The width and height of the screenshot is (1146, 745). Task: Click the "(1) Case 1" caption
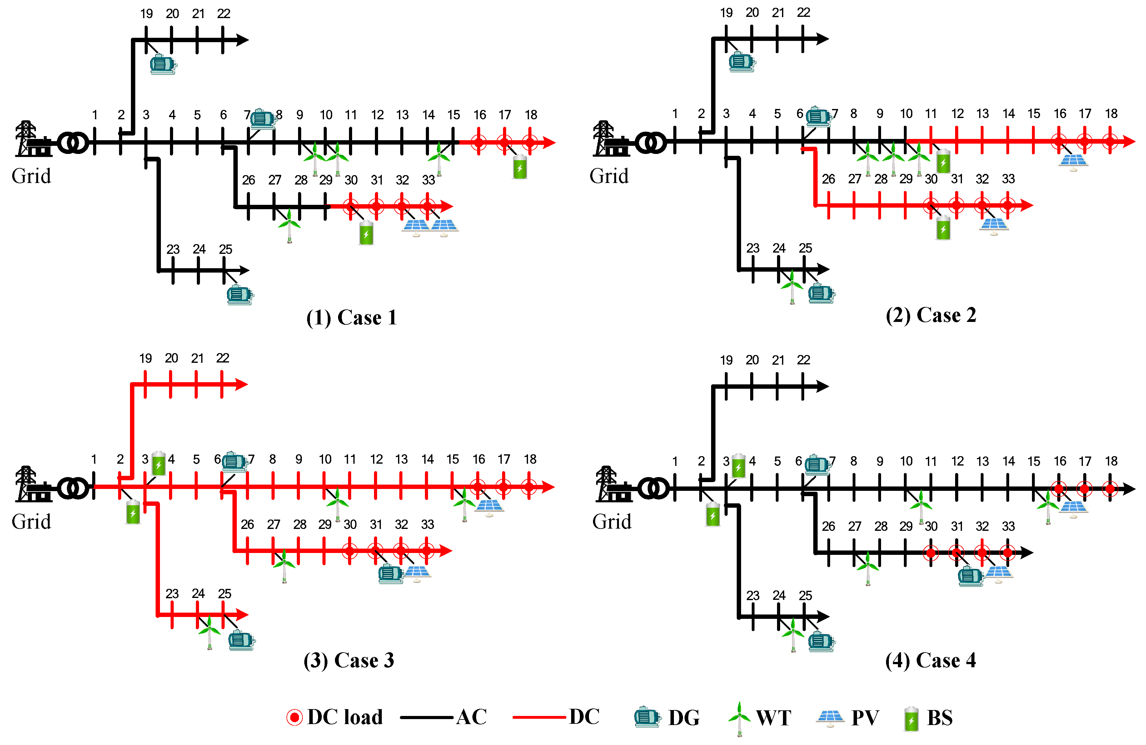[351, 318]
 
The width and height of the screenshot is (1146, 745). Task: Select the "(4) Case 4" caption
[930, 660]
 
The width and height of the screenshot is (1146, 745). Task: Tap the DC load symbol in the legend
[294, 717]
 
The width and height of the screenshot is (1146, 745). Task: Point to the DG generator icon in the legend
[647, 717]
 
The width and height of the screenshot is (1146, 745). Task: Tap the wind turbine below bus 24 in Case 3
[209, 631]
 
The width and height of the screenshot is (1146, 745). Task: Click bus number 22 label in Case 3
[222, 358]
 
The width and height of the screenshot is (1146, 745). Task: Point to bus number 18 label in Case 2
[1111, 114]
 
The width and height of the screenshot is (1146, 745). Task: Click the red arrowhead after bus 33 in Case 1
[447, 206]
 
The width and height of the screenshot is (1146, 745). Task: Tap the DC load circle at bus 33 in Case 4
[1008, 552]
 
